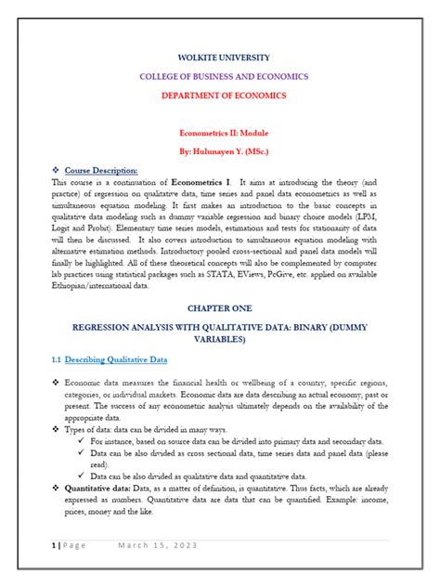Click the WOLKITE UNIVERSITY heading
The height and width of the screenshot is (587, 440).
(x=220, y=58)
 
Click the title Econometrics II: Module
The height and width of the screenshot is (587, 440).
(x=220, y=134)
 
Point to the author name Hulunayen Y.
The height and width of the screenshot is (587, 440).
(x=209, y=151)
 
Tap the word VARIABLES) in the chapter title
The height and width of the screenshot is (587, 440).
(x=220, y=340)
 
